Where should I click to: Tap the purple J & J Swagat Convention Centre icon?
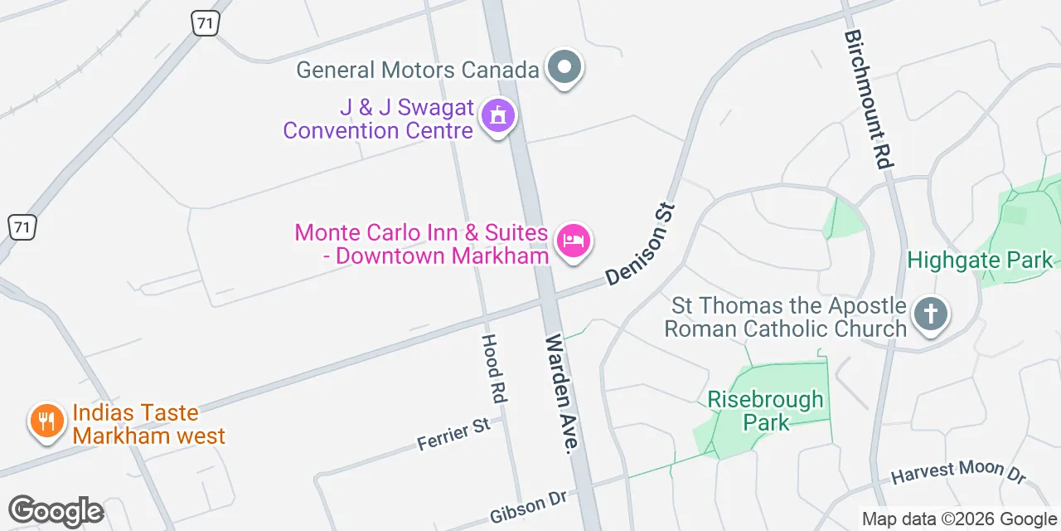(498, 117)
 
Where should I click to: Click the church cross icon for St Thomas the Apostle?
(930, 314)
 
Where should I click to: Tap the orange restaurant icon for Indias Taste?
(47, 421)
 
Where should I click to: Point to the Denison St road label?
(642, 245)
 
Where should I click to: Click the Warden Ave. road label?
(560, 394)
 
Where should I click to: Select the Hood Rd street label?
(493, 368)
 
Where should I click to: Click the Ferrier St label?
(453, 435)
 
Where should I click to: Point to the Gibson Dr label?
(528, 507)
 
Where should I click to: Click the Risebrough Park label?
(765, 411)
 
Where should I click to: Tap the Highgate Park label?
(980, 261)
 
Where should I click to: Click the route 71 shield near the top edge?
(206, 22)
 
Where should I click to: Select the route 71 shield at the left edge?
(22, 227)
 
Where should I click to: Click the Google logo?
(56, 511)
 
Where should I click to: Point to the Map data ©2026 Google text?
(958, 519)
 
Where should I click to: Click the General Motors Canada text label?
(418, 70)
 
